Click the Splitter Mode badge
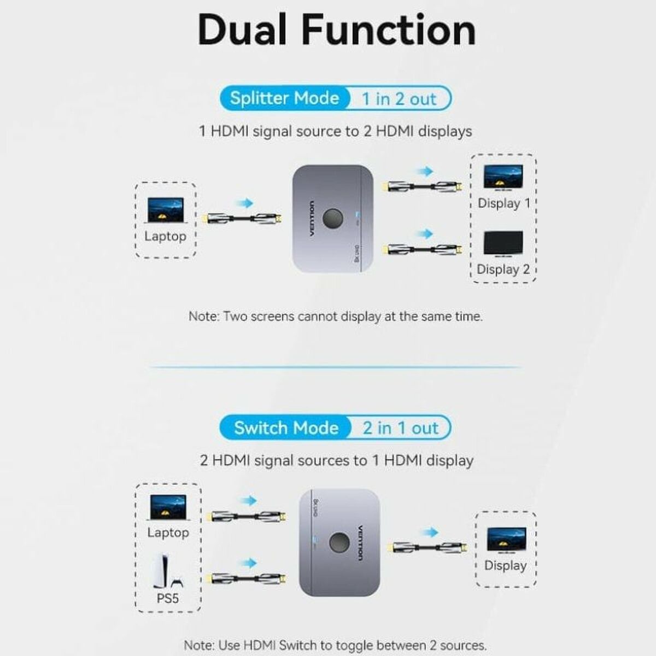tap(284, 98)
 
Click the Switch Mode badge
tap(286, 427)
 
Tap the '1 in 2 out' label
tap(399, 99)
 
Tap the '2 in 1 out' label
tap(400, 428)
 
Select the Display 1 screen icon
tap(503, 178)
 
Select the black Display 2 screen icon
tap(503, 244)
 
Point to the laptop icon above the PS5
tap(168, 508)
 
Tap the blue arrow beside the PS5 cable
tap(249, 563)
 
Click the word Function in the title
tap(389, 30)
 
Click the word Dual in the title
tap(243, 30)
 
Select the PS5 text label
tap(168, 599)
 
